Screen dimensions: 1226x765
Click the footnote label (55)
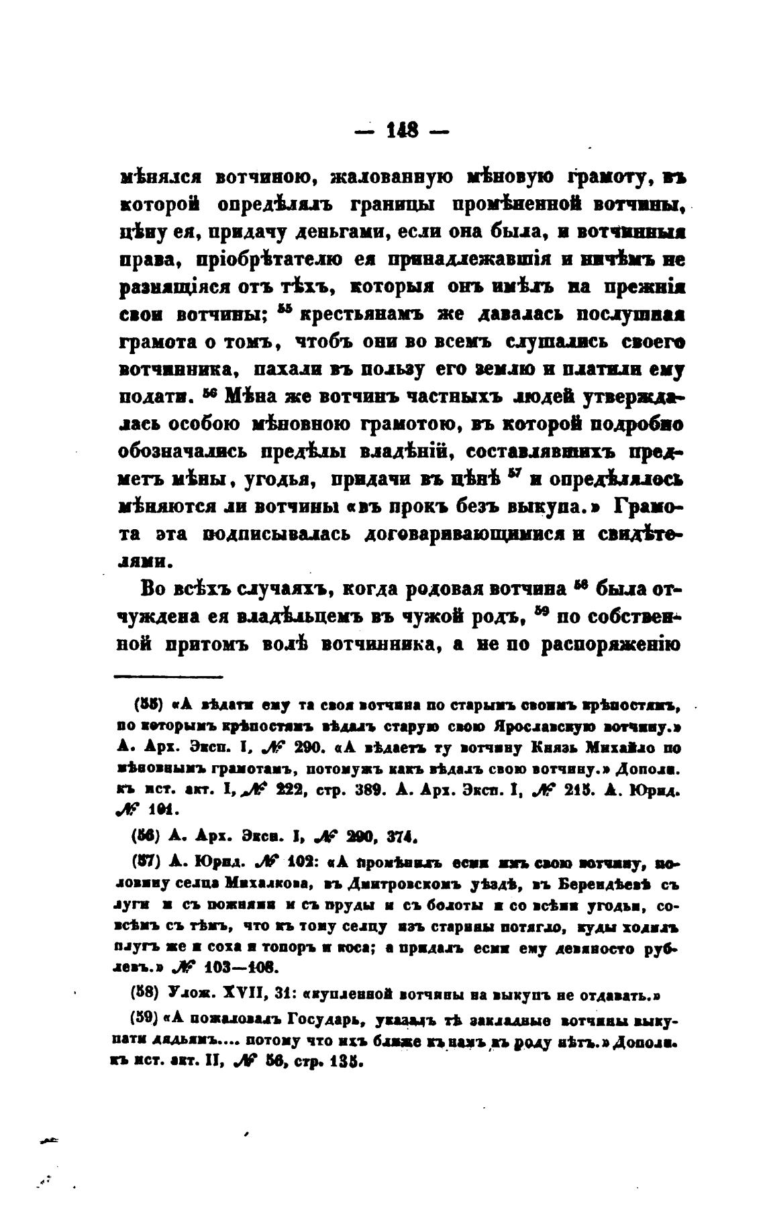tap(147, 705)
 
